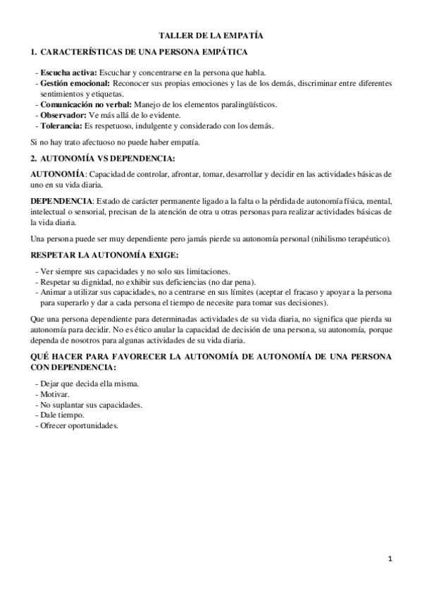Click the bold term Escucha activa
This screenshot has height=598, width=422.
(x=69, y=73)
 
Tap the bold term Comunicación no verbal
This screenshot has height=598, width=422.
(x=85, y=104)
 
